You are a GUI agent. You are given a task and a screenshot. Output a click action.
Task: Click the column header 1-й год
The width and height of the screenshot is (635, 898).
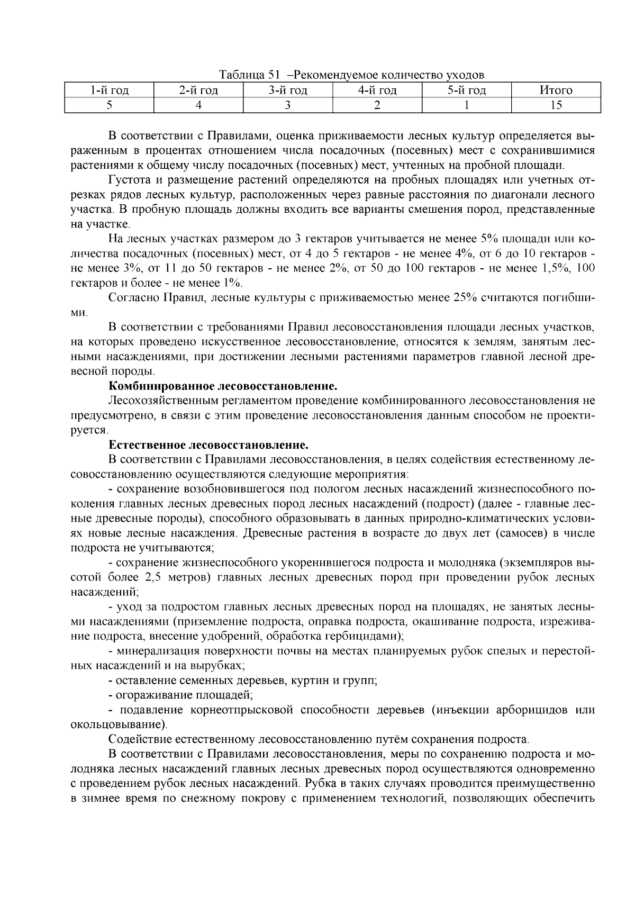pyautogui.click(x=109, y=90)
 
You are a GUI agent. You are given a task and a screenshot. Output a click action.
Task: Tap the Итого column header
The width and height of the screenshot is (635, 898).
pyautogui.click(x=556, y=90)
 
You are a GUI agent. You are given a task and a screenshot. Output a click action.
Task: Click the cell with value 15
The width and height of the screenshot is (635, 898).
pyautogui.click(x=556, y=105)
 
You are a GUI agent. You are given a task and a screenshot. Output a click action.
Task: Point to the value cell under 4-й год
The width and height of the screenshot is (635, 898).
pyautogui.click(x=377, y=105)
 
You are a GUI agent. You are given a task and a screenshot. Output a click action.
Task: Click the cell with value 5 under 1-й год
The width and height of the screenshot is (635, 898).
pyautogui.click(x=109, y=105)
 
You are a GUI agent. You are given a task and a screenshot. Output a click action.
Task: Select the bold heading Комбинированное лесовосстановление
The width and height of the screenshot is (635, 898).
pyautogui.click(x=223, y=385)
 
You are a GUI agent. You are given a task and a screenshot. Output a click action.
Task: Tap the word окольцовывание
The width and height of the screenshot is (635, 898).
pyautogui.click(x=117, y=724)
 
